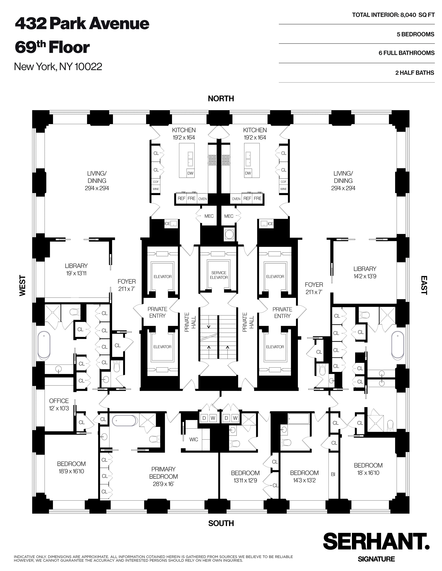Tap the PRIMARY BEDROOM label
click(x=163, y=476)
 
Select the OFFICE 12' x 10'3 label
click(x=59, y=404)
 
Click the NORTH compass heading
click(x=221, y=99)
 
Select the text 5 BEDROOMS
click(x=415, y=34)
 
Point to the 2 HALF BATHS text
click(x=415, y=73)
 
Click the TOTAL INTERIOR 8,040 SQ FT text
click(x=393, y=15)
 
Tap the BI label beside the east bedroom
click(x=333, y=474)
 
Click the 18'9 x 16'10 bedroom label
click(x=71, y=468)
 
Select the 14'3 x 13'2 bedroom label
click(x=304, y=477)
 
